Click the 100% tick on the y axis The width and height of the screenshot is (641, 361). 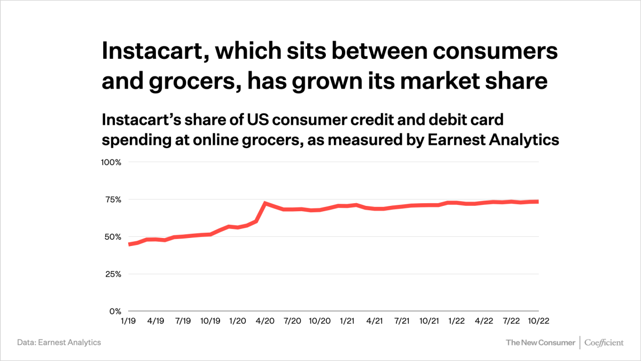(x=112, y=162)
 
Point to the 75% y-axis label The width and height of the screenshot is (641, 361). (x=114, y=199)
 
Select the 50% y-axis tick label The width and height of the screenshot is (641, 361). (x=113, y=237)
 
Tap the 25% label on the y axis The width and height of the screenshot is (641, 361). (x=113, y=274)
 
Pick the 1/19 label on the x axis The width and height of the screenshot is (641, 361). (x=129, y=321)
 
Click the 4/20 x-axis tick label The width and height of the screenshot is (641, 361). (x=265, y=321)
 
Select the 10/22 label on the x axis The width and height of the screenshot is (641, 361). (x=538, y=321)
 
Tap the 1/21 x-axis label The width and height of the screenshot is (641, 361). (x=347, y=321)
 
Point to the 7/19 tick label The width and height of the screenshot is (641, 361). (x=183, y=321)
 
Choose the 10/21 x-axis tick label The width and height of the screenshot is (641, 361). (x=429, y=321)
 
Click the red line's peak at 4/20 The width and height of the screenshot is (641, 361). (x=265, y=203)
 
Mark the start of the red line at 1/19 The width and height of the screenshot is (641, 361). (x=130, y=244)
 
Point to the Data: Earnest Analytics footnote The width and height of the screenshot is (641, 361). (x=59, y=342)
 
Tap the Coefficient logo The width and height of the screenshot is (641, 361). (x=604, y=342)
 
